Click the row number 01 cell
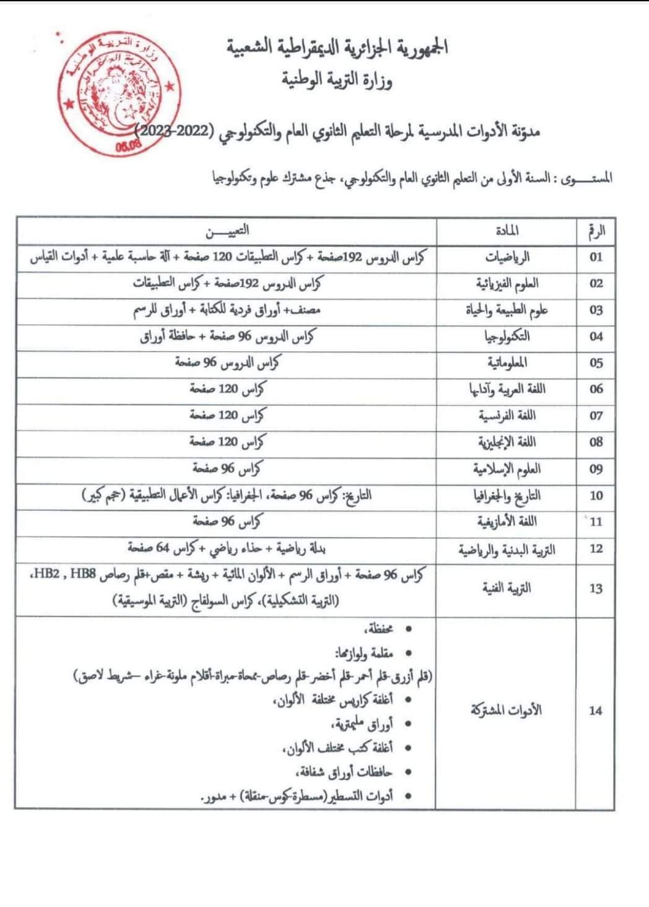coord(596,257)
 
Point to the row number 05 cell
coord(596,363)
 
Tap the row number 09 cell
coord(596,469)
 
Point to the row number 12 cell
coord(596,548)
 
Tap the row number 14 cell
coord(596,711)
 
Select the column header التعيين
coord(227,231)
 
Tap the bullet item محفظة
coord(386,629)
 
